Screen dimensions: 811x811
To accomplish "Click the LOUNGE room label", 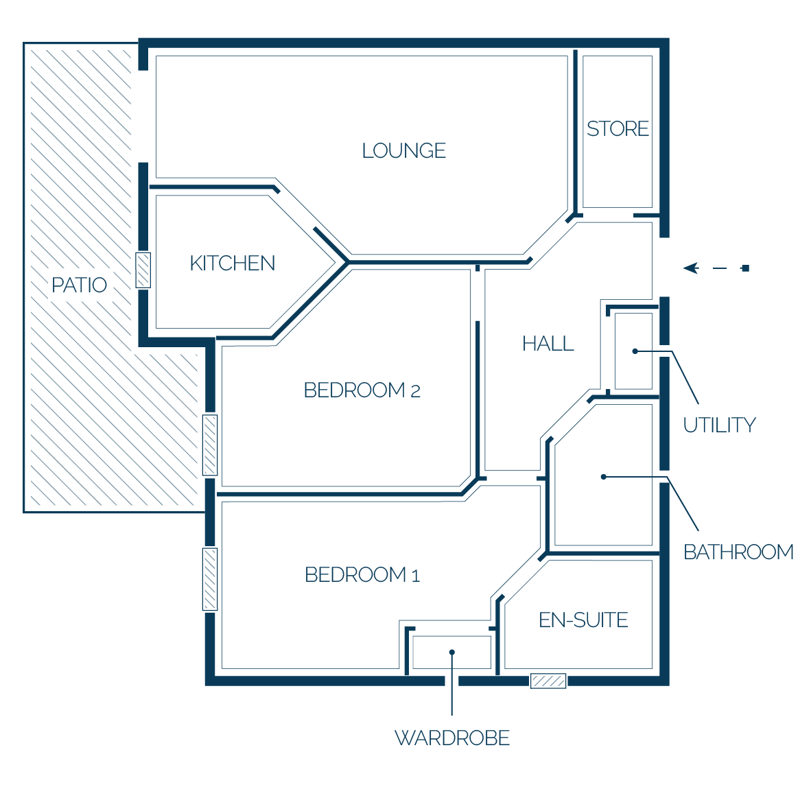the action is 404,151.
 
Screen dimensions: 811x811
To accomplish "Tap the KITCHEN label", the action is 232,263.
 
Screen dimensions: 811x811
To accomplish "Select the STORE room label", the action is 618,129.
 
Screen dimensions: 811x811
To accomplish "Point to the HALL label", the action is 548,344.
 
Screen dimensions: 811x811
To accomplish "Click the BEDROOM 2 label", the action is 362,390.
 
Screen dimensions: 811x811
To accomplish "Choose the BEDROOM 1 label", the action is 362,575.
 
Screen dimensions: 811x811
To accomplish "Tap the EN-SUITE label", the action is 583,620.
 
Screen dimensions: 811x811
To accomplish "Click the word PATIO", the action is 79,285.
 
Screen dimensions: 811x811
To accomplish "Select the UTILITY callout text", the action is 720,425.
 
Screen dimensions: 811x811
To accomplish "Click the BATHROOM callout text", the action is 738,552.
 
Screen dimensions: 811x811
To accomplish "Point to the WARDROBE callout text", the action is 452,738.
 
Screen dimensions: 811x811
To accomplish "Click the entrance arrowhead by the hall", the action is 691,268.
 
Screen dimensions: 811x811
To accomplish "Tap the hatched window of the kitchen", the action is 143,270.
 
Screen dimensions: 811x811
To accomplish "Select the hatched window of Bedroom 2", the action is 210,445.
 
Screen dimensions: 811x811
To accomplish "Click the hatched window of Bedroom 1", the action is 210,579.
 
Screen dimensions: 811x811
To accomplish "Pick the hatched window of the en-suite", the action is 548,681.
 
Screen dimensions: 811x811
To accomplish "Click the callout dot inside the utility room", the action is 635,351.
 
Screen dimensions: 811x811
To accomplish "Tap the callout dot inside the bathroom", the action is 603,477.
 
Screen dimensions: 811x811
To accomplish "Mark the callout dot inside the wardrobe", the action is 452,653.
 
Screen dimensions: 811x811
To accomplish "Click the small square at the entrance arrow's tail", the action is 745,268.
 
